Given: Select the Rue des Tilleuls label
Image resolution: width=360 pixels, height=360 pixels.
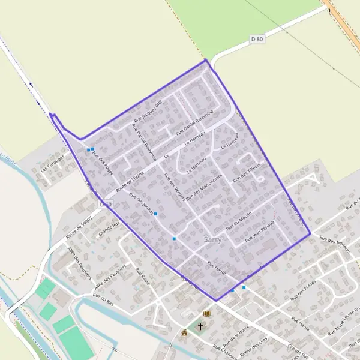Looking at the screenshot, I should tap(247, 172).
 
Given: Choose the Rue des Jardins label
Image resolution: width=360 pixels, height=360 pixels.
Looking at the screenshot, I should tap(139, 203).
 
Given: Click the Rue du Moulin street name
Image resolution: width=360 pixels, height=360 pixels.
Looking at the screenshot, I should tap(239, 222).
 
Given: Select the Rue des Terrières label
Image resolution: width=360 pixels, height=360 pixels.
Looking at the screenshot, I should tap(334, 245).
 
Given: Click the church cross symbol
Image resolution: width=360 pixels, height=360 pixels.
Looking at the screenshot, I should tap(200, 327).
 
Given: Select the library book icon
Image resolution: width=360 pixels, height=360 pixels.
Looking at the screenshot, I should tap(207, 314).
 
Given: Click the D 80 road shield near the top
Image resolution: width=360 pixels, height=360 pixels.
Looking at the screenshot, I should tap(257, 40).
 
